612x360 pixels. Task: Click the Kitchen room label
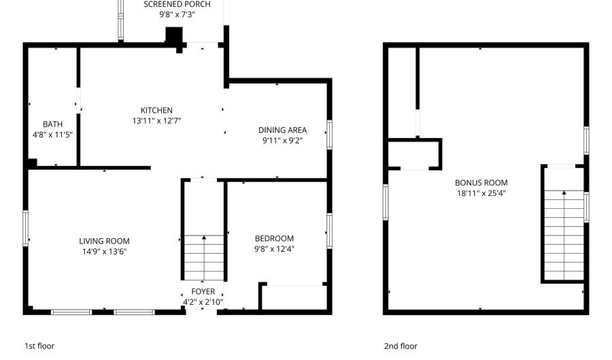156,110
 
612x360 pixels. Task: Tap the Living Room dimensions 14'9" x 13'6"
104,251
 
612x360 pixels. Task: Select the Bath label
52,125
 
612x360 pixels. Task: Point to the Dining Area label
282,130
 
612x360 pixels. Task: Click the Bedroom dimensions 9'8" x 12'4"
274,248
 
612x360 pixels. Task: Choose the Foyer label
203,292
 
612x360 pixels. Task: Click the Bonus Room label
481,182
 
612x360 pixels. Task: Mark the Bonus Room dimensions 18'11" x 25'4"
481,193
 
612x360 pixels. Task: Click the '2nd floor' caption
400,346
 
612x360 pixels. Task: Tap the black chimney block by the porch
175,36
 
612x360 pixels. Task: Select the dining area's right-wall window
329,134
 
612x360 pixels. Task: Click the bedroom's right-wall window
329,231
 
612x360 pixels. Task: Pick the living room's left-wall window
27,228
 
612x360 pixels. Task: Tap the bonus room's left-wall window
386,202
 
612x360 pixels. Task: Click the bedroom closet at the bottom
294,297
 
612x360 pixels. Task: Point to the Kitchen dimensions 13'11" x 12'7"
156,120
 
